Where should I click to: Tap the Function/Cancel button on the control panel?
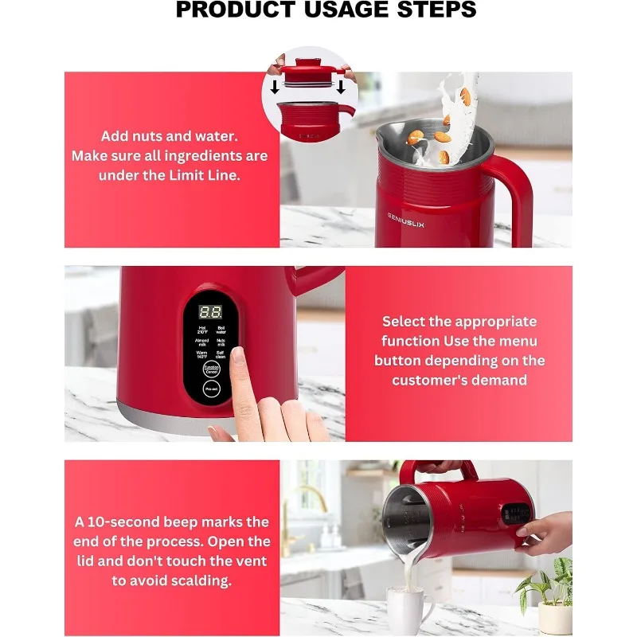coord(211,369)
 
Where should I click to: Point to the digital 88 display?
coord(210,313)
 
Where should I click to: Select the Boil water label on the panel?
coord(221,330)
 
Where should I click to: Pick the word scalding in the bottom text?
coord(183,580)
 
